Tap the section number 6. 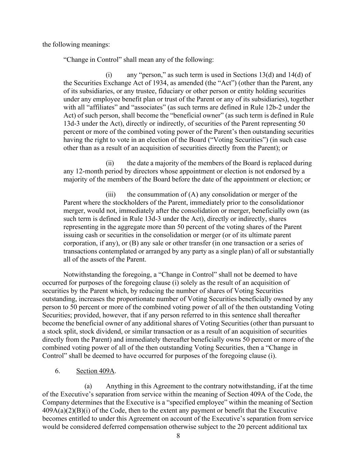pos(58,371)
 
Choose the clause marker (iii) pos(111,195)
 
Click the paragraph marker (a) pos(88,386)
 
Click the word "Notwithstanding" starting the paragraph pos(85,274)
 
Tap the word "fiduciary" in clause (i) pos(185,91)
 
